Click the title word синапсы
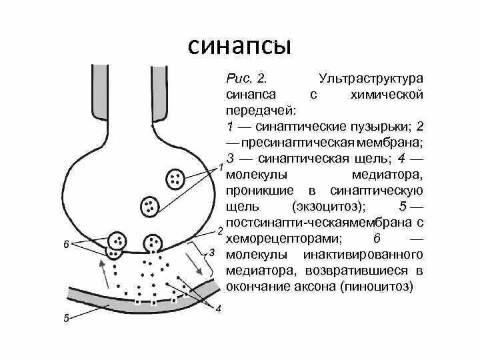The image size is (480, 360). pos(239,46)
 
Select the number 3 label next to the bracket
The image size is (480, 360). pos(213,253)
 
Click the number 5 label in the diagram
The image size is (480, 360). pos(66,319)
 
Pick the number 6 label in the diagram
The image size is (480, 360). pos(66,244)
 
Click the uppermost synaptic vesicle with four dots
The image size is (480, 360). pos(175,179)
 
